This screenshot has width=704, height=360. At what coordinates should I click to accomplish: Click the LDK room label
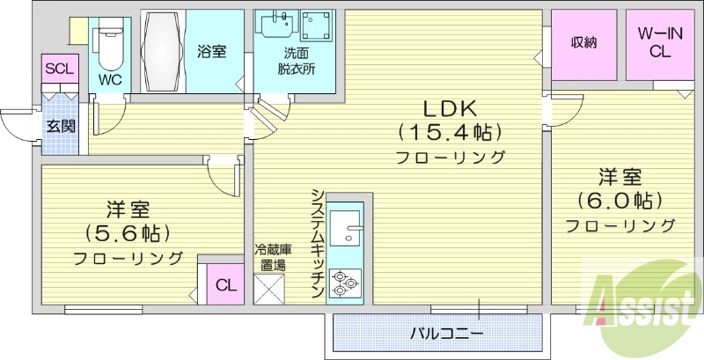pyautogui.click(x=450, y=108)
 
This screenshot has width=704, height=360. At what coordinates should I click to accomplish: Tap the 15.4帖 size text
pyautogui.click(x=450, y=133)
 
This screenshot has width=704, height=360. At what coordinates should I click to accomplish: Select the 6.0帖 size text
pyautogui.click(x=620, y=200)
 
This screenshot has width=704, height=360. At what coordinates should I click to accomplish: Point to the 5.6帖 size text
pyautogui.click(x=128, y=233)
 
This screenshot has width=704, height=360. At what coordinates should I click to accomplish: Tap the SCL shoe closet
pyautogui.click(x=60, y=69)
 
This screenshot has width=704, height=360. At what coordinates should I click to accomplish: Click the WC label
pyautogui.click(x=110, y=79)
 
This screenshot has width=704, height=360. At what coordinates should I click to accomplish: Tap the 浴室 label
pyautogui.click(x=212, y=51)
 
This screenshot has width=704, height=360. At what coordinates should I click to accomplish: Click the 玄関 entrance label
pyautogui.click(x=61, y=125)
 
